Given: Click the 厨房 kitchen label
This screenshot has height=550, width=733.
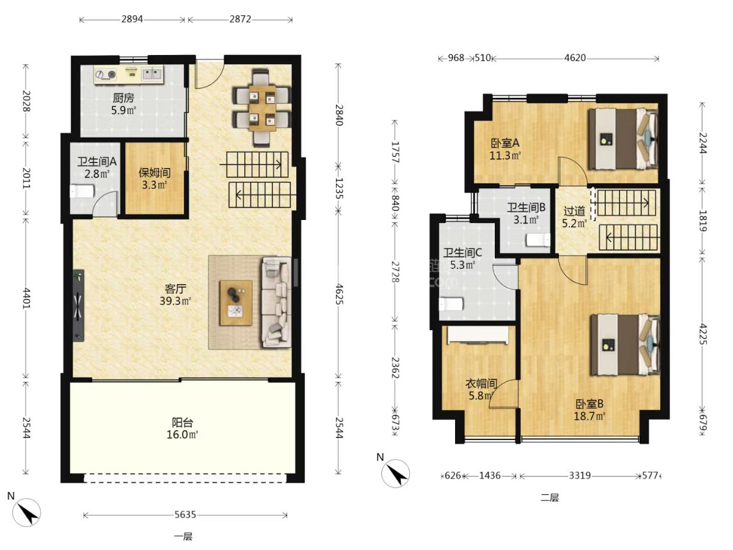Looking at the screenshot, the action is (123, 98).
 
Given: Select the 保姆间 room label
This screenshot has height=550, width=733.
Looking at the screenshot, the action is (155, 173).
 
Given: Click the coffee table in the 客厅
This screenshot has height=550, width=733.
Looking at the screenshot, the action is (236, 303).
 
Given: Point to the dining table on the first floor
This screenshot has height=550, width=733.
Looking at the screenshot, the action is (262, 108).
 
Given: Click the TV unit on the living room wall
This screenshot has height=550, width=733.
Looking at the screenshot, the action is (78, 306).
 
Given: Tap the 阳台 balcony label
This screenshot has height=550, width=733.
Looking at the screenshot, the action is (182, 423).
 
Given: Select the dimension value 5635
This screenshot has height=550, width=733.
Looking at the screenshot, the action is (185, 515).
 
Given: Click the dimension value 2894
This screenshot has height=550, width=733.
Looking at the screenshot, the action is (132, 19).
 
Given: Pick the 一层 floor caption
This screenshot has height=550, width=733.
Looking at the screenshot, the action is (183, 537).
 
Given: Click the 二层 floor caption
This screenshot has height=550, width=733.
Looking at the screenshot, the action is (550, 498).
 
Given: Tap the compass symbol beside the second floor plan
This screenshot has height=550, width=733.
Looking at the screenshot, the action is (395, 473).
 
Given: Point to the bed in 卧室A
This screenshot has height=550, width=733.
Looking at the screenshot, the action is (623, 139).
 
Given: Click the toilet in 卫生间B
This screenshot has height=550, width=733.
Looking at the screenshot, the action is (538, 240).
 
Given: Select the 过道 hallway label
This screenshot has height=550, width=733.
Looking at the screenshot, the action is (574, 211).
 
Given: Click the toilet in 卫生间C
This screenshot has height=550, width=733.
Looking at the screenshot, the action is (451, 304).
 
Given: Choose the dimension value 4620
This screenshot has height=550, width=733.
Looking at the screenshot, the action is (575, 58).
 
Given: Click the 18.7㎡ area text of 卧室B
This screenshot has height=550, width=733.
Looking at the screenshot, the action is (589, 416).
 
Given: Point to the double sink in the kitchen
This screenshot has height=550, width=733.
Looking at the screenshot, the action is (152, 73).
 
